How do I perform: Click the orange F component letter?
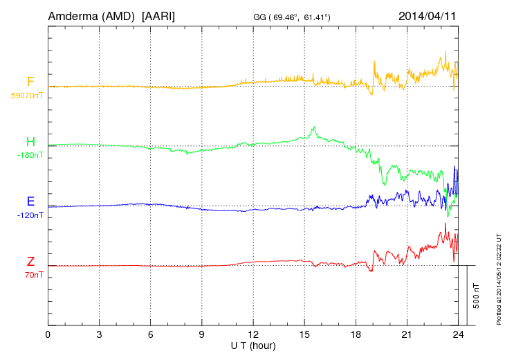pyautogui.click(x=30, y=82)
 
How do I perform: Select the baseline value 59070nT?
pyautogui.click(x=27, y=95)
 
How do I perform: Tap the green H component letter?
pyautogui.click(x=30, y=142)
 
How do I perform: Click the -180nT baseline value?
pyautogui.click(x=30, y=155)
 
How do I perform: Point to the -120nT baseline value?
pyautogui.click(x=30, y=215)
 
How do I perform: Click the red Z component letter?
pyautogui.click(x=30, y=262)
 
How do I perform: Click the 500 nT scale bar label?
pyautogui.click(x=477, y=296)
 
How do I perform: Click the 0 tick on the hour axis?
pyautogui.click(x=48, y=334)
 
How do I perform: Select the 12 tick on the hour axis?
pyautogui.click(x=253, y=334)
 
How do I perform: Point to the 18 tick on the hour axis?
pyautogui.click(x=356, y=334)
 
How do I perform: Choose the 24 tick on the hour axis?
pyautogui.click(x=458, y=334)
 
